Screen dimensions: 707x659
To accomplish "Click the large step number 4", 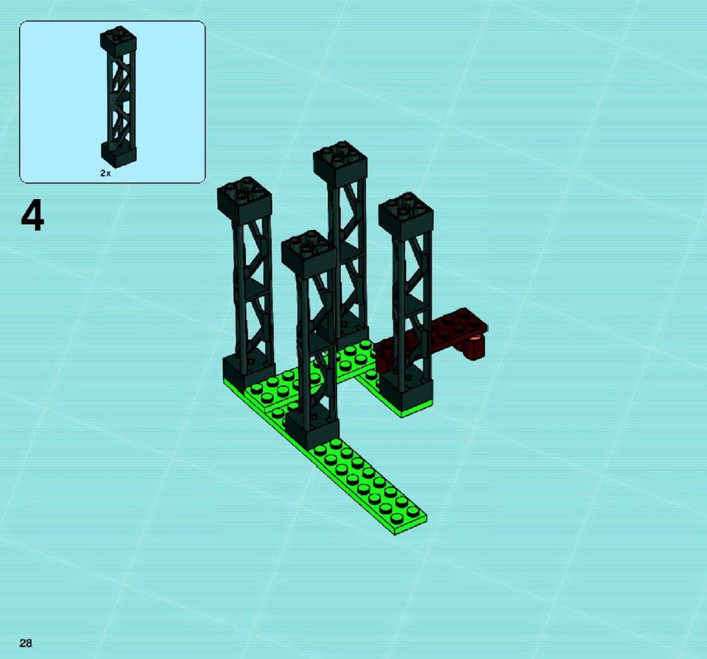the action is (32, 216).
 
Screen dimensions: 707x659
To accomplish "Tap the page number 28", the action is (26, 643).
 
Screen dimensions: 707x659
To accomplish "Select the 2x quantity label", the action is (105, 173).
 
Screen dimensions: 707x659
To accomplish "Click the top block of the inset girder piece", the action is (119, 41).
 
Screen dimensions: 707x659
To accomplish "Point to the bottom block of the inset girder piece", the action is (119, 153).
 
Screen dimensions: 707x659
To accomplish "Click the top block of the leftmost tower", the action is (245, 198).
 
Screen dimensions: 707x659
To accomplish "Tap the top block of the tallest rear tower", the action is (340, 164).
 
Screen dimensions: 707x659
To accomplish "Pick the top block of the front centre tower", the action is (309, 254).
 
